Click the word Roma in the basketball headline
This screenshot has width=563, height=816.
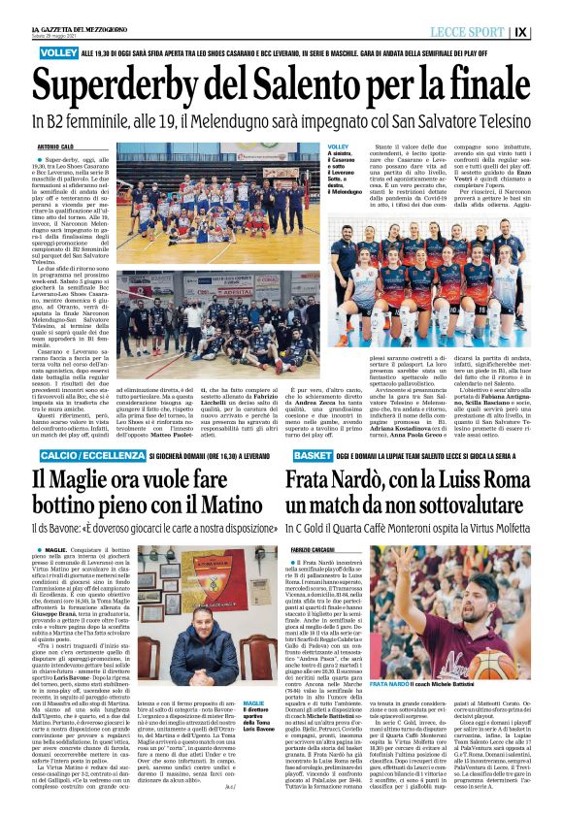[x=506, y=478]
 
